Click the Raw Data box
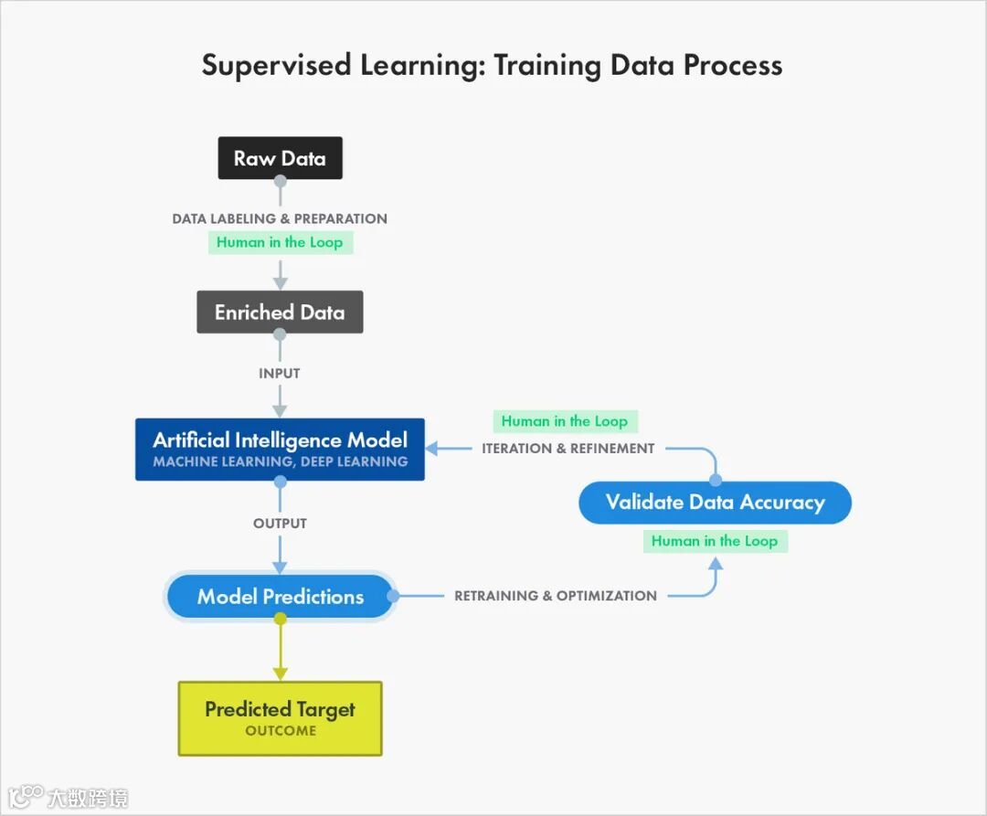tap(280, 158)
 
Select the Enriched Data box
tap(280, 313)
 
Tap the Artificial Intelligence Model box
tap(280, 449)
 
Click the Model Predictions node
tap(280, 597)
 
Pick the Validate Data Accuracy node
tap(715, 502)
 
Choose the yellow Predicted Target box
tap(280, 718)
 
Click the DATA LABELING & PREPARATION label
tap(280, 219)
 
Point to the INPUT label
tap(280, 373)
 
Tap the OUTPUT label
tap(280, 524)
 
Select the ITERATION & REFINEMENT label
tap(568, 449)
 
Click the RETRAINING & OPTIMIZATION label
tap(556, 596)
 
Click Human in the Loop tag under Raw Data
tap(280, 243)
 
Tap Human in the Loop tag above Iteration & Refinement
tap(565, 421)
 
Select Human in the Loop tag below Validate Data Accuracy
tap(715, 541)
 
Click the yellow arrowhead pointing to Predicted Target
tap(280, 673)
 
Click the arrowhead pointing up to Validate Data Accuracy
tap(716, 564)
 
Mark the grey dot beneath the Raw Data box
tap(280, 181)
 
